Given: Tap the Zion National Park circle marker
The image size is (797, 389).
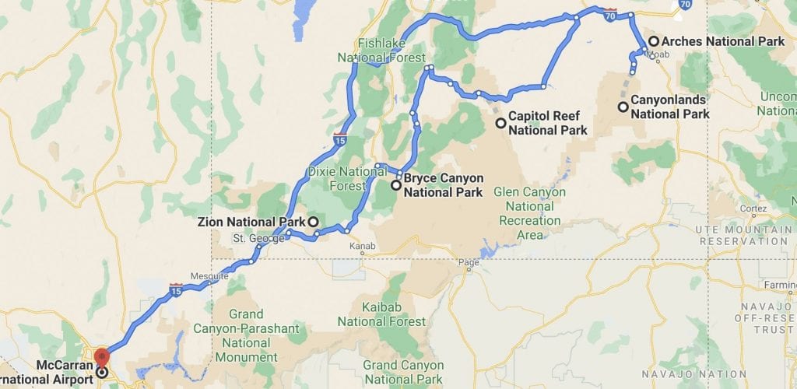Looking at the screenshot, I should [313, 222].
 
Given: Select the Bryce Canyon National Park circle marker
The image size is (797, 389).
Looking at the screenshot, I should [396, 185].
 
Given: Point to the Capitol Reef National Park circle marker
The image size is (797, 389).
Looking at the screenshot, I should [500, 123].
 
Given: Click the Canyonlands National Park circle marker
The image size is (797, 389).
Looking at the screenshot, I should [623, 107].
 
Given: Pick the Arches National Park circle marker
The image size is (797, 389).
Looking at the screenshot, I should [654, 41].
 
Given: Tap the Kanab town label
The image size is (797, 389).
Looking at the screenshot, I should [362, 247].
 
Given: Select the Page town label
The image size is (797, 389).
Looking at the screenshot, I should [469, 262].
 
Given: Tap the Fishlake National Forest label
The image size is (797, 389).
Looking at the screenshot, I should [381, 51].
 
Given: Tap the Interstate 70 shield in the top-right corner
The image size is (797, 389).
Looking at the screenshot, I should [683, 5].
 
